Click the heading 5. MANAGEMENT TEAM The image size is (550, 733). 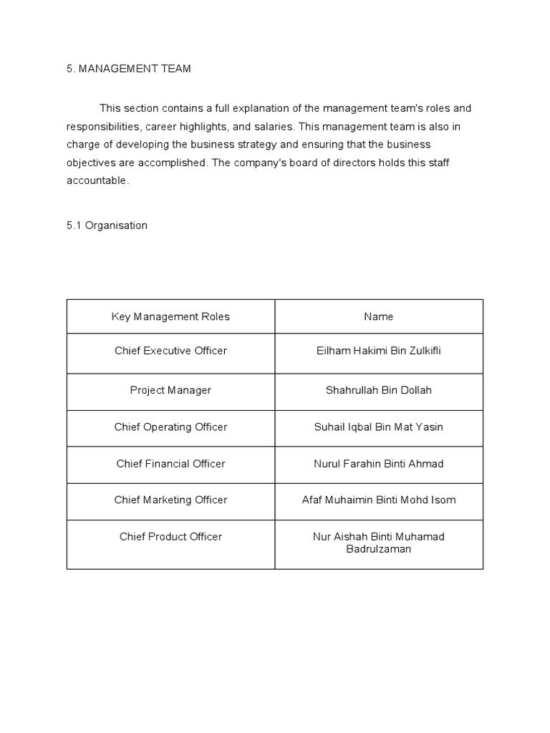(129, 69)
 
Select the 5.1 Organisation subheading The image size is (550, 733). (107, 225)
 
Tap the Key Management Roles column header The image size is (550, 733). (170, 316)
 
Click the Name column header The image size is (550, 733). (378, 316)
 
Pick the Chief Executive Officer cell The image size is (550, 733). (170, 351)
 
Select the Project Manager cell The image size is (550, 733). (170, 390)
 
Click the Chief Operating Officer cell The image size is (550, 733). (170, 427)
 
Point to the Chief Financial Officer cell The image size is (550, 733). (170, 464)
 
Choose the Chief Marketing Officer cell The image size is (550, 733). (170, 500)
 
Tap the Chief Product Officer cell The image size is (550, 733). (170, 537)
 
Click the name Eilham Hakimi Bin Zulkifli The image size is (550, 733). (378, 351)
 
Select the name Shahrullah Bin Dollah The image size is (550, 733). (378, 390)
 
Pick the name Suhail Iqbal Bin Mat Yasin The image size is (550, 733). (378, 427)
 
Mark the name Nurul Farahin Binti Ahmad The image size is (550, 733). (378, 464)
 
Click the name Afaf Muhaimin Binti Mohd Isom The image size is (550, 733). (378, 500)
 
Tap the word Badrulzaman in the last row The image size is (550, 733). (378, 550)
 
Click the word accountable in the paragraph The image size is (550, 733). (97, 181)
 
